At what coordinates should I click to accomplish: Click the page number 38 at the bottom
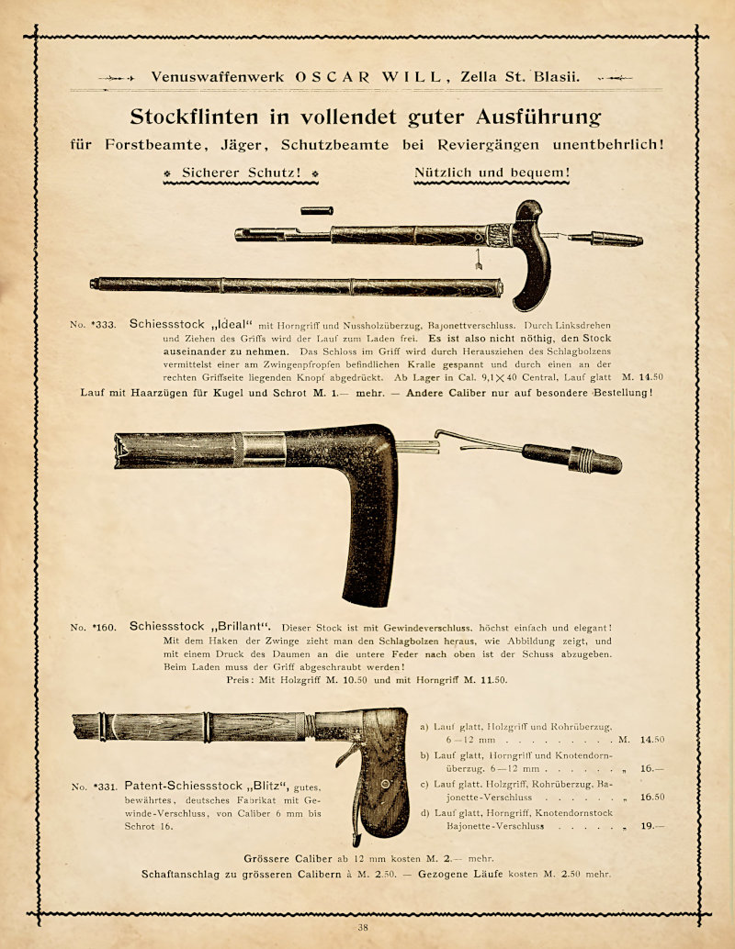[363, 927]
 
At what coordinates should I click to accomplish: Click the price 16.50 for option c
[651, 797]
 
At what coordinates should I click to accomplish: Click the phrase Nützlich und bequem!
[492, 172]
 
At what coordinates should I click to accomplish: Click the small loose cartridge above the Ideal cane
[316, 211]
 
